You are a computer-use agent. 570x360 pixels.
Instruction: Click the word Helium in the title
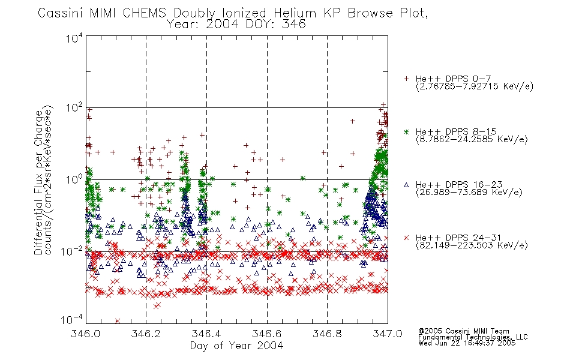(295, 13)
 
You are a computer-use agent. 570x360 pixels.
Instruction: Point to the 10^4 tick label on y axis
(74, 38)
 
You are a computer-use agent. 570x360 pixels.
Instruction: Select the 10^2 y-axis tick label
(74, 108)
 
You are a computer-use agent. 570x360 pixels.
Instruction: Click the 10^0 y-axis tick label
(74, 180)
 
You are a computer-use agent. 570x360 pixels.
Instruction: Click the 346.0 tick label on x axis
(86, 334)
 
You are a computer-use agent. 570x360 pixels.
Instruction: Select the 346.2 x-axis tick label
(146, 334)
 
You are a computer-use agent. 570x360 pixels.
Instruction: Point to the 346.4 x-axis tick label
(206, 334)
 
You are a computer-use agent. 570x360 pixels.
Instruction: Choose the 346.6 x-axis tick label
(267, 334)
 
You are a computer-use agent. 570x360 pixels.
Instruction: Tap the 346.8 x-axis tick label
(327, 334)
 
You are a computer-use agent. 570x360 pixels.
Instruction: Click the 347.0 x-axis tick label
(388, 334)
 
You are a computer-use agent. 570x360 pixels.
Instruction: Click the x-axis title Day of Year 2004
(236, 346)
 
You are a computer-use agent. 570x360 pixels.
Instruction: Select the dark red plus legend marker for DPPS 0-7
(406, 79)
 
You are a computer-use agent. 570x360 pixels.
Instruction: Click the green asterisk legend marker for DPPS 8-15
(406, 131)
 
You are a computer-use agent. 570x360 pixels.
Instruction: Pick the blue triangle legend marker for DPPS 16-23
(406, 185)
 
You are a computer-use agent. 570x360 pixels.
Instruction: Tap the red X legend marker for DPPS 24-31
(406, 238)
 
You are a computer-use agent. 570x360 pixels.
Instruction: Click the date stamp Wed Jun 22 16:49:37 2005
(467, 343)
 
